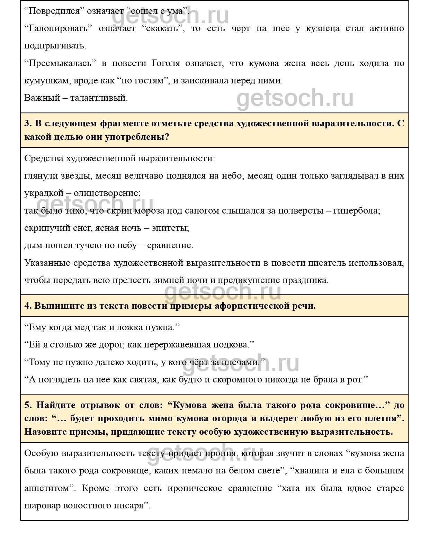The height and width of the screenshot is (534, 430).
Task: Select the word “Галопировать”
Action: tap(59, 28)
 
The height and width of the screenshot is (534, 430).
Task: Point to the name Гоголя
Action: tap(166, 63)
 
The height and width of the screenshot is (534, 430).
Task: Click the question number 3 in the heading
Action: tap(28, 124)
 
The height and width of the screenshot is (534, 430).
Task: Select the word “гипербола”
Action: tap(356, 211)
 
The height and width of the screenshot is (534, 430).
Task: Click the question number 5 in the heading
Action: tap(28, 405)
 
